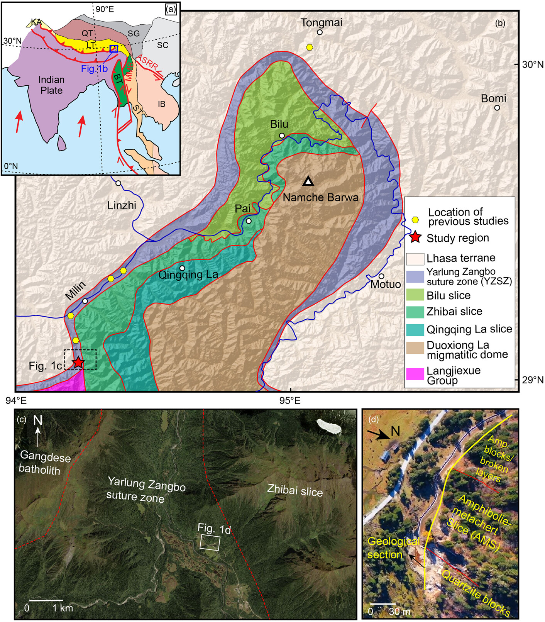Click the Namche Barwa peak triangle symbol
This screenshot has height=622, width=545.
[x=308, y=181]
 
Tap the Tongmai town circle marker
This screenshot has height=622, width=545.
[x=320, y=32]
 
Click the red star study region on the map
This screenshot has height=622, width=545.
[x=78, y=362]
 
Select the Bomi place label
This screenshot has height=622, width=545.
[x=493, y=98]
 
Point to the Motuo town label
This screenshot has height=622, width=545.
[x=386, y=285]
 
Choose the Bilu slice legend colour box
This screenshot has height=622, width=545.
[x=415, y=295]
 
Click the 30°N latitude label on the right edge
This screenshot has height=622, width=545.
[x=533, y=64]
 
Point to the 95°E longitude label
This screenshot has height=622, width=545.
[x=290, y=400]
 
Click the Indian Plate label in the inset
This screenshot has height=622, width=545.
[x=51, y=85]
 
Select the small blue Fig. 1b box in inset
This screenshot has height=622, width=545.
[x=113, y=48]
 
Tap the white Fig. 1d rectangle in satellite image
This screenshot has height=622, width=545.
[x=210, y=542]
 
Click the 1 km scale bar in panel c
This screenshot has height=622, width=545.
[x=46, y=600]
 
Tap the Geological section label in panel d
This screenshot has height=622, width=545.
[x=393, y=548]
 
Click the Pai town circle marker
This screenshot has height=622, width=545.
[x=249, y=221]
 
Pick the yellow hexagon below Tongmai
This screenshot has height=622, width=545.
[x=310, y=47]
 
